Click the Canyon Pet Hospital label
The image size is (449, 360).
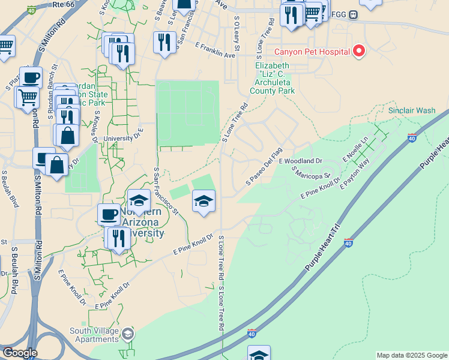click(x=312, y=52)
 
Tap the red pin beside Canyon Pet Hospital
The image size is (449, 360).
click(x=358, y=51)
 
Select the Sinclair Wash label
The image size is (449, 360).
click(x=412, y=110)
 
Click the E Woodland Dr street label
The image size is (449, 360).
click(x=300, y=161)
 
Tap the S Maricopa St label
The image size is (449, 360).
click(x=312, y=173)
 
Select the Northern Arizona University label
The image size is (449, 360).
click(x=141, y=223)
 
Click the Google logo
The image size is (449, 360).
click(x=20, y=353)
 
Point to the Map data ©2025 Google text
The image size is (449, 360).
click(x=412, y=355)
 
